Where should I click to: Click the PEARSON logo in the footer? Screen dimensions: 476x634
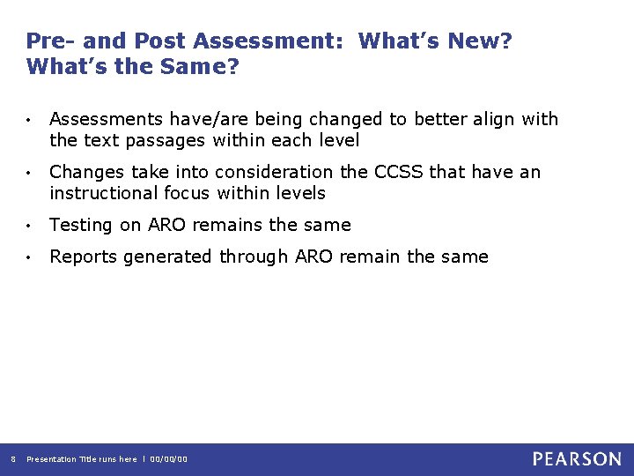(577, 458)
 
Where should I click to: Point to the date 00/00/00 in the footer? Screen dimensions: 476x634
(169, 459)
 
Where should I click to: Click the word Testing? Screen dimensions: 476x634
(82, 226)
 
